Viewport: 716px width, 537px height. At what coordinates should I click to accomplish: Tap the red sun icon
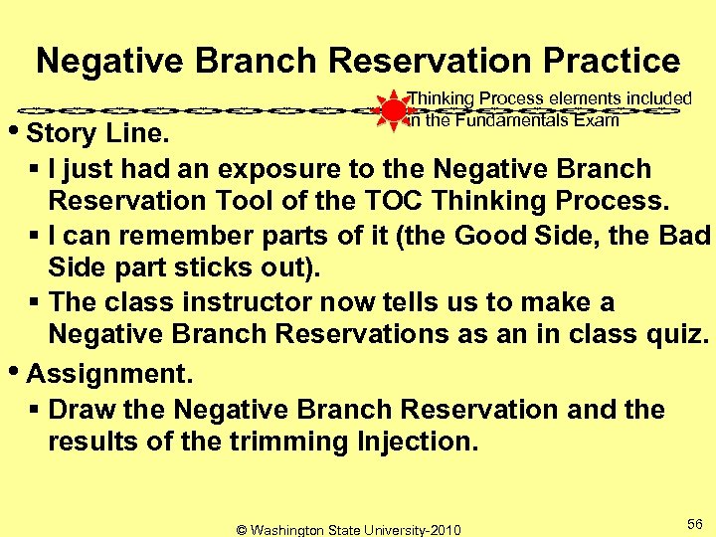click(394, 109)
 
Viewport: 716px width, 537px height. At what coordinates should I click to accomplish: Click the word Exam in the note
click(597, 120)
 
